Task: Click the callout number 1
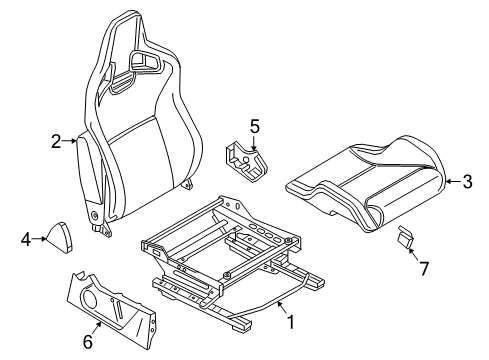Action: (x=291, y=322)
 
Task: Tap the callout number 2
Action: (x=56, y=141)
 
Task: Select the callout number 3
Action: (x=468, y=182)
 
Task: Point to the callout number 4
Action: (x=26, y=239)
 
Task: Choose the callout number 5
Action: (x=254, y=127)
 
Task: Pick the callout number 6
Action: (x=87, y=342)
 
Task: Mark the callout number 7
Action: (x=423, y=269)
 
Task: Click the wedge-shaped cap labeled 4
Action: (x=60, y=236)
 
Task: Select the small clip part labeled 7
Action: (x=406, y=237)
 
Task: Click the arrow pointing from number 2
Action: (x=69, y=141)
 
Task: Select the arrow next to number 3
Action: (x=453, y=182)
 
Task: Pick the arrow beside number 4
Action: (x=39, y=239)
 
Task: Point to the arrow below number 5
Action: (x=254, y=143)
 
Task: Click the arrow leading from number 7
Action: (x=413, y=255)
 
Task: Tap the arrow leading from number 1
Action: (x=282, y=307)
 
